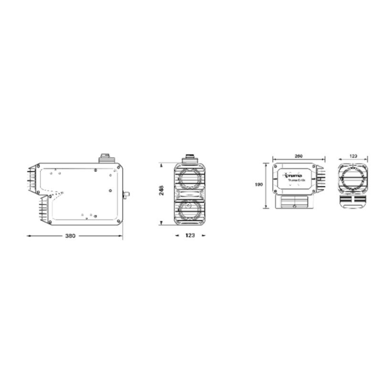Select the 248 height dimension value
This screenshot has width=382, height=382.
[x=162, y=190]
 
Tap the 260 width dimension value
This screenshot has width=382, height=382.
[x=299, y=156]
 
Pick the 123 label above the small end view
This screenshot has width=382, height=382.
[x=353, y=156]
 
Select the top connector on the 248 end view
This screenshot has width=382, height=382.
[x=190, y=159]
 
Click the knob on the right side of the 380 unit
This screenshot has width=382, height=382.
[x=126, y=194]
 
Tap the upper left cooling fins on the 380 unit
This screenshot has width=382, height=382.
[x=32, y=179]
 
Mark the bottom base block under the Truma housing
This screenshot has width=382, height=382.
[x=294, y=202]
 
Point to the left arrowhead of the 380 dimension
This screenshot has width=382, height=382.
[x=28, y=236]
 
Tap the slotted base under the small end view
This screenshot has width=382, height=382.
[x=353, y=201]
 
